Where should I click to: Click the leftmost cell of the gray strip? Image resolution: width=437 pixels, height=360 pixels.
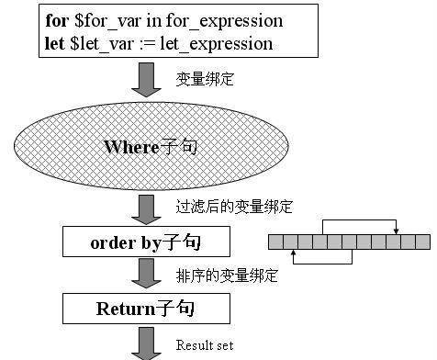(x=275, y=242)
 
